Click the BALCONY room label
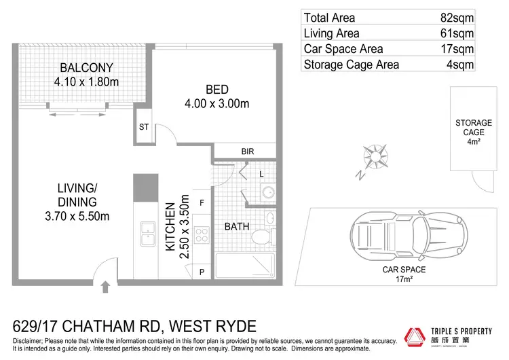click(x=86, y=68)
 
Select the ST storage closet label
click(x=144, y=126)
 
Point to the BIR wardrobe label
click(x=248, y=151)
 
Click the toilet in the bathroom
click(x=261, y=237)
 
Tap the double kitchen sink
click(x=147, y=234)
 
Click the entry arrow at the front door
click(x=106, y=287)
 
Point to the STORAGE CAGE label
click(x=473, y=128)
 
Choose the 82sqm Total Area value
click(x=459, y=18)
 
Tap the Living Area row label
click(x=332, y=33)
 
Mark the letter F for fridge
click(x=202, y=202)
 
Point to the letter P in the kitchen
click(x=202, y=272)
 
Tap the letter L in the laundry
click(x=261, y=175)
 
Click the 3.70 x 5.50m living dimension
click(x=77, y=216)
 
